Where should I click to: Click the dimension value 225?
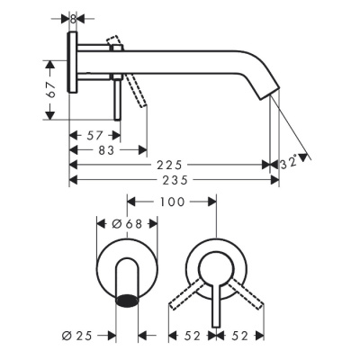(169, 165)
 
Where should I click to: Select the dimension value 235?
(169, 179)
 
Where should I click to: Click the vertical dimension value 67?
(52, 90)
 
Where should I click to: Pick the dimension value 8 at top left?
(74, 17)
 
